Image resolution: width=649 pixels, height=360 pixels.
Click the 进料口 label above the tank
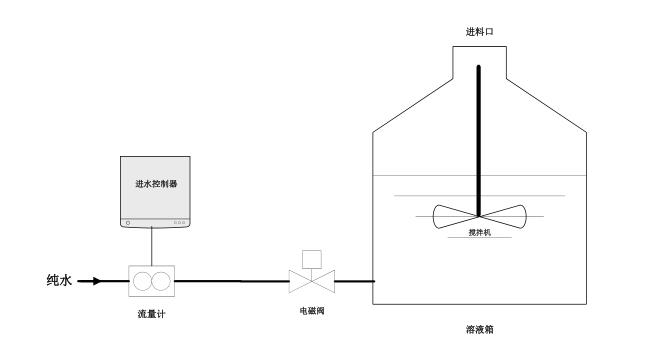(480, 32)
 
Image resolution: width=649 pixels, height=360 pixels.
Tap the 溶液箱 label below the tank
(481, 327)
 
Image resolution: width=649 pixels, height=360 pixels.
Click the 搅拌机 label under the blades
(481, 231)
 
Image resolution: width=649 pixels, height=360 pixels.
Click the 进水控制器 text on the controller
(155, 184)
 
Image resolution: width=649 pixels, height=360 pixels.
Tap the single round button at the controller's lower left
(127, 221)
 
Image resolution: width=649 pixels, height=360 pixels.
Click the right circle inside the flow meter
(160, 281)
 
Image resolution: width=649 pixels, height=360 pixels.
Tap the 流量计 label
(151, 314)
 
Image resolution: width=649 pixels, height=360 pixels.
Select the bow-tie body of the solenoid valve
(311, 281)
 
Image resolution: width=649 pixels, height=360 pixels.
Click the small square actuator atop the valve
(311, 256)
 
